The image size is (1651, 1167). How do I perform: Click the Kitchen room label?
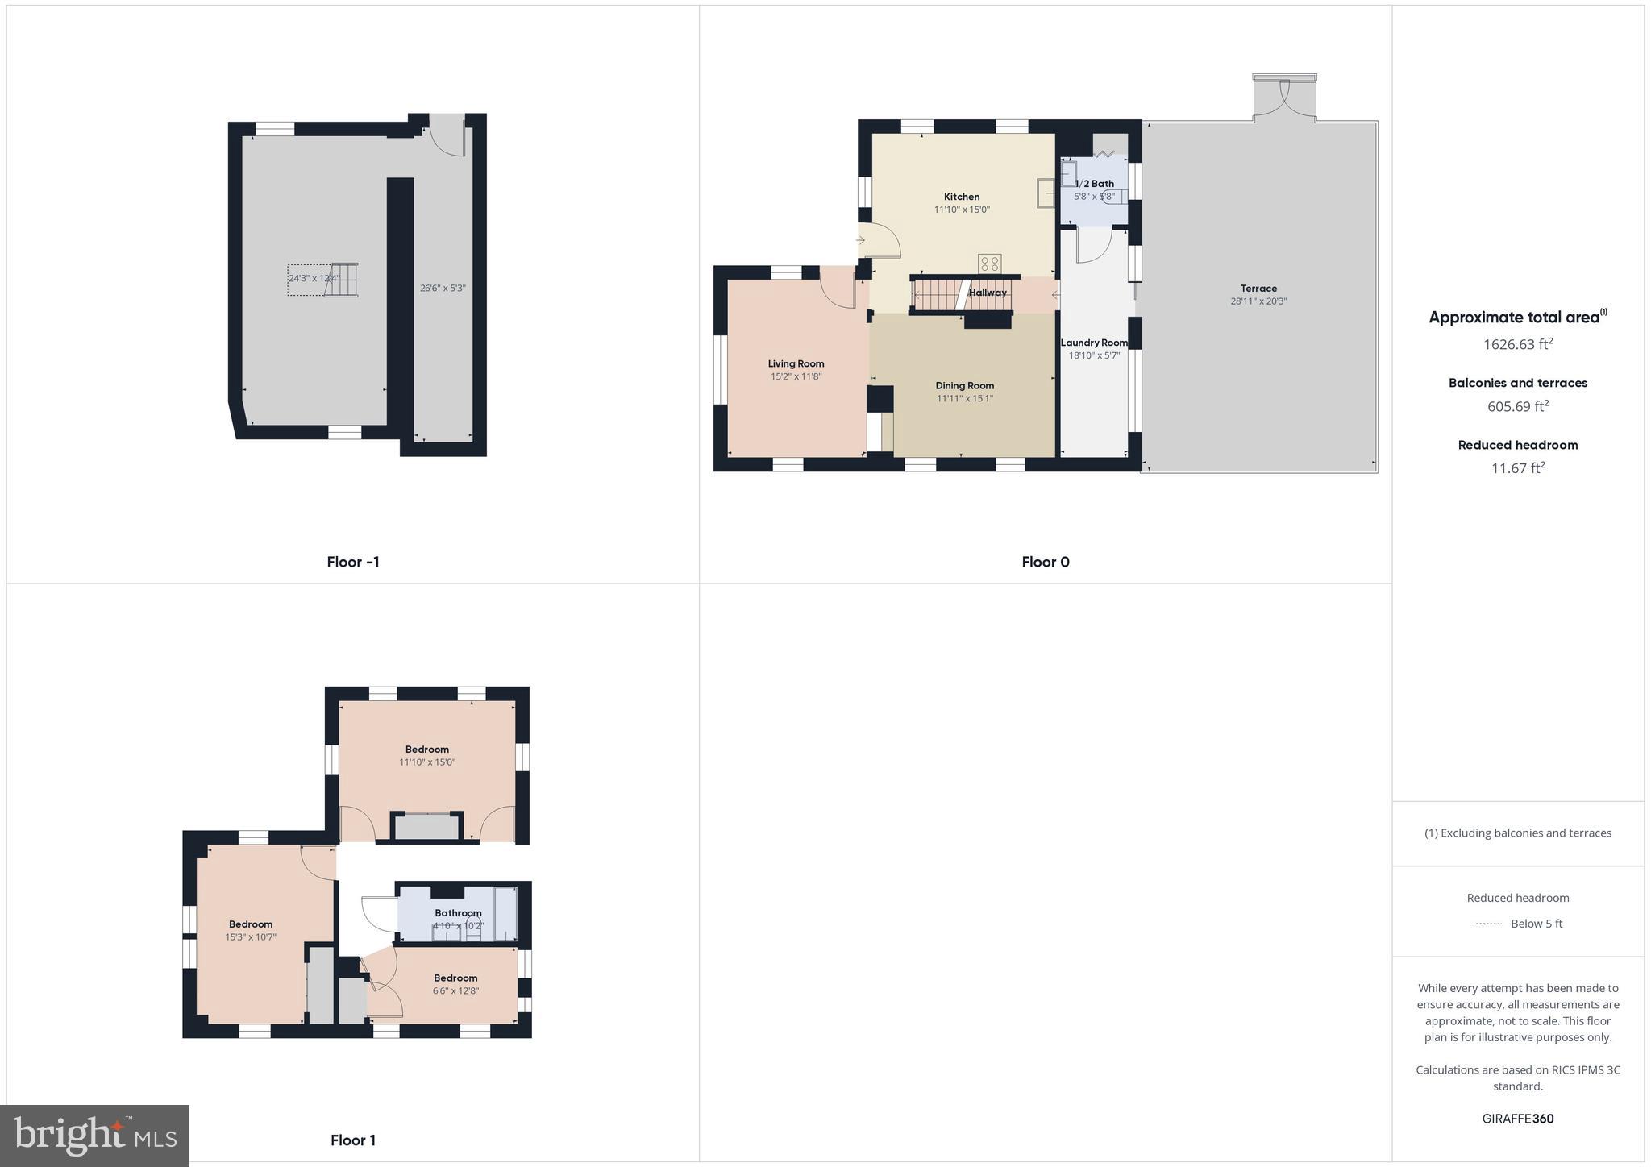pyautogui.click(x=961, y=197)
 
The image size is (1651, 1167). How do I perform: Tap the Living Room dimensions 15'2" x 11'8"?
pyautogui.click(x=796, y=376)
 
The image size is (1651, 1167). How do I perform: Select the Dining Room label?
pyautogui.click(x=964, y=385)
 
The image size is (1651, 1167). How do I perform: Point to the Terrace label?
pyautogui.click(x=1258, y=289)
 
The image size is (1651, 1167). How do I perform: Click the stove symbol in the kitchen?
pyautogui.click(x=989, y=264)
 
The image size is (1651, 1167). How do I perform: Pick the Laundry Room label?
pyautogui.click(x=1094, y=343)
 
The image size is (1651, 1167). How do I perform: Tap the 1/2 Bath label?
pyautogui.click(x=1094, y=184)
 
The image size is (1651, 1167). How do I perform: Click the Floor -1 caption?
pyautogui.click(x=352, y=562)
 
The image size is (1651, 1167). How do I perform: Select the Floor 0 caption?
pyautogui.click(x=1045, y=562)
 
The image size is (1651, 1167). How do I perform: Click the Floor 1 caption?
pyautogui.click(x=352, y=1140)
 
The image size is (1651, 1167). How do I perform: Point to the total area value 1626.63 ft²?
pyautogui.click(x=1517, y=344)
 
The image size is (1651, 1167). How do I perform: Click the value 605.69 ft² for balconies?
pyautogui.click(x=1517, y=406)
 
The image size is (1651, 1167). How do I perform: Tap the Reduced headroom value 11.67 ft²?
pyautogui.click(x=1517, y=468)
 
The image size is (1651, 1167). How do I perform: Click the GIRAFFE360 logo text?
pyautogui.click(x=1517, y=1119)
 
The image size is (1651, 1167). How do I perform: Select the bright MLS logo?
pyautogui.click(x=95, y=1136)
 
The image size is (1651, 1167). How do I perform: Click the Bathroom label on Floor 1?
pyautogui.click(x=458, y=913)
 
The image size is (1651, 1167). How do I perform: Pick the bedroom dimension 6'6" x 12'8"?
pyautogui.click(x=455, y=990)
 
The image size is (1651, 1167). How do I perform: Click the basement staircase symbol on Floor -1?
pyautogui.click(x=342, y=280)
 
